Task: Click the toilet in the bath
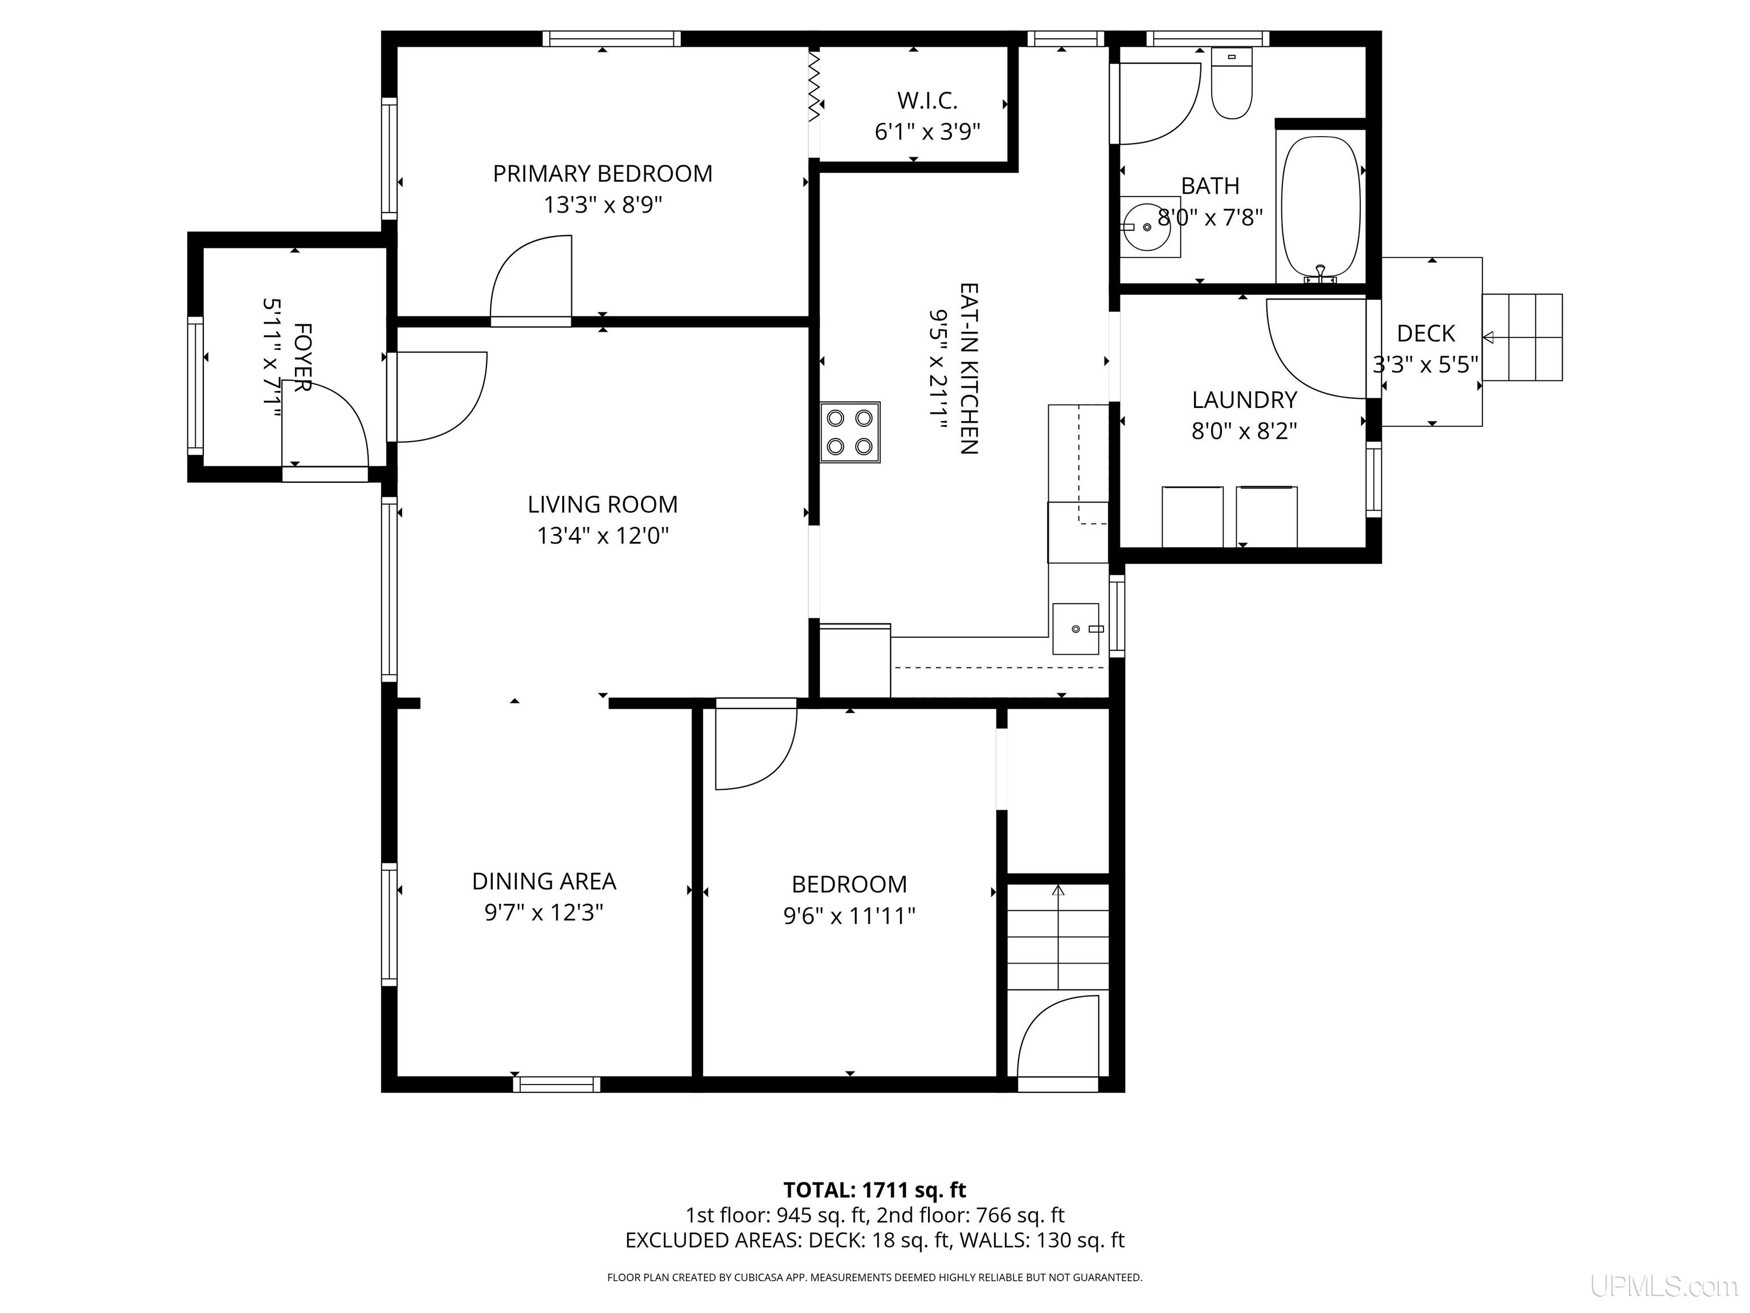pos(1232,83)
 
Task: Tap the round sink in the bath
pos(1149,226)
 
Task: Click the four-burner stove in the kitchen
pos(851,432)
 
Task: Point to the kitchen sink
pos(1076,629)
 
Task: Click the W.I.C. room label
pos(927,100)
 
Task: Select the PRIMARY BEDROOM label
pos(603,173)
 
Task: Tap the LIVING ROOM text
pos(603,504)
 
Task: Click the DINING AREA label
pos(544,881)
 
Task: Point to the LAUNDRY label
pos(1245,399)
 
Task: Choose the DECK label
pos(1426,333)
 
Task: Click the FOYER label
pos(302,357)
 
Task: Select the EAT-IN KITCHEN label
pos(969,369)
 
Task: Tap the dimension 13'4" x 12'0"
pos(603,536)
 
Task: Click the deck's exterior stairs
pos(1522,337)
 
